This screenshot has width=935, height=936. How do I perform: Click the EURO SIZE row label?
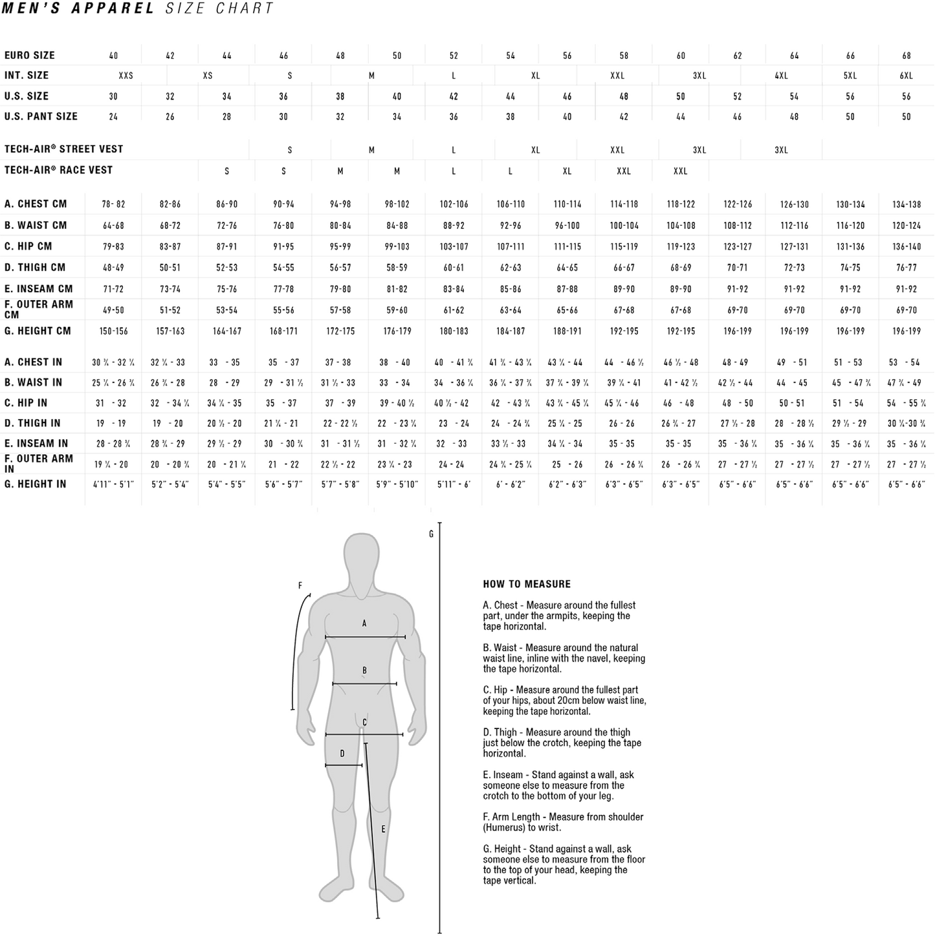tap(30, 55)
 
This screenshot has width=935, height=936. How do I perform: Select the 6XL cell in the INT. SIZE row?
tap(906, 76)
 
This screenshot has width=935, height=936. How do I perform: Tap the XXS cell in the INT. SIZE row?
tap(126, 76)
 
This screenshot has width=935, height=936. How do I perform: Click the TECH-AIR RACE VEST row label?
tap(59, 170)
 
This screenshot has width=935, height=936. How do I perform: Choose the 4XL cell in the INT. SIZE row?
tap(782, 76)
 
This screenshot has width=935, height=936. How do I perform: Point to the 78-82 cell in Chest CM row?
tap(114, 204)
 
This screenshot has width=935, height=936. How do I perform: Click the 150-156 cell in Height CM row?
tap(114, 332)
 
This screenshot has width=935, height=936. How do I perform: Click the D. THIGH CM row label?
tap(36, 267)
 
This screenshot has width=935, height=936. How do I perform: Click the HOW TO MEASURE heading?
tap(527, 584)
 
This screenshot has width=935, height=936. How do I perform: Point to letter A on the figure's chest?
tap(364, 624)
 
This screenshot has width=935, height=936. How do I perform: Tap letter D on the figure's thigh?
tap(342, 754)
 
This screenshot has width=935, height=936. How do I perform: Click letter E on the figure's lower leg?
tap(383, 829)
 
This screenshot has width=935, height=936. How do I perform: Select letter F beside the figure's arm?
tap(300, 585)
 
